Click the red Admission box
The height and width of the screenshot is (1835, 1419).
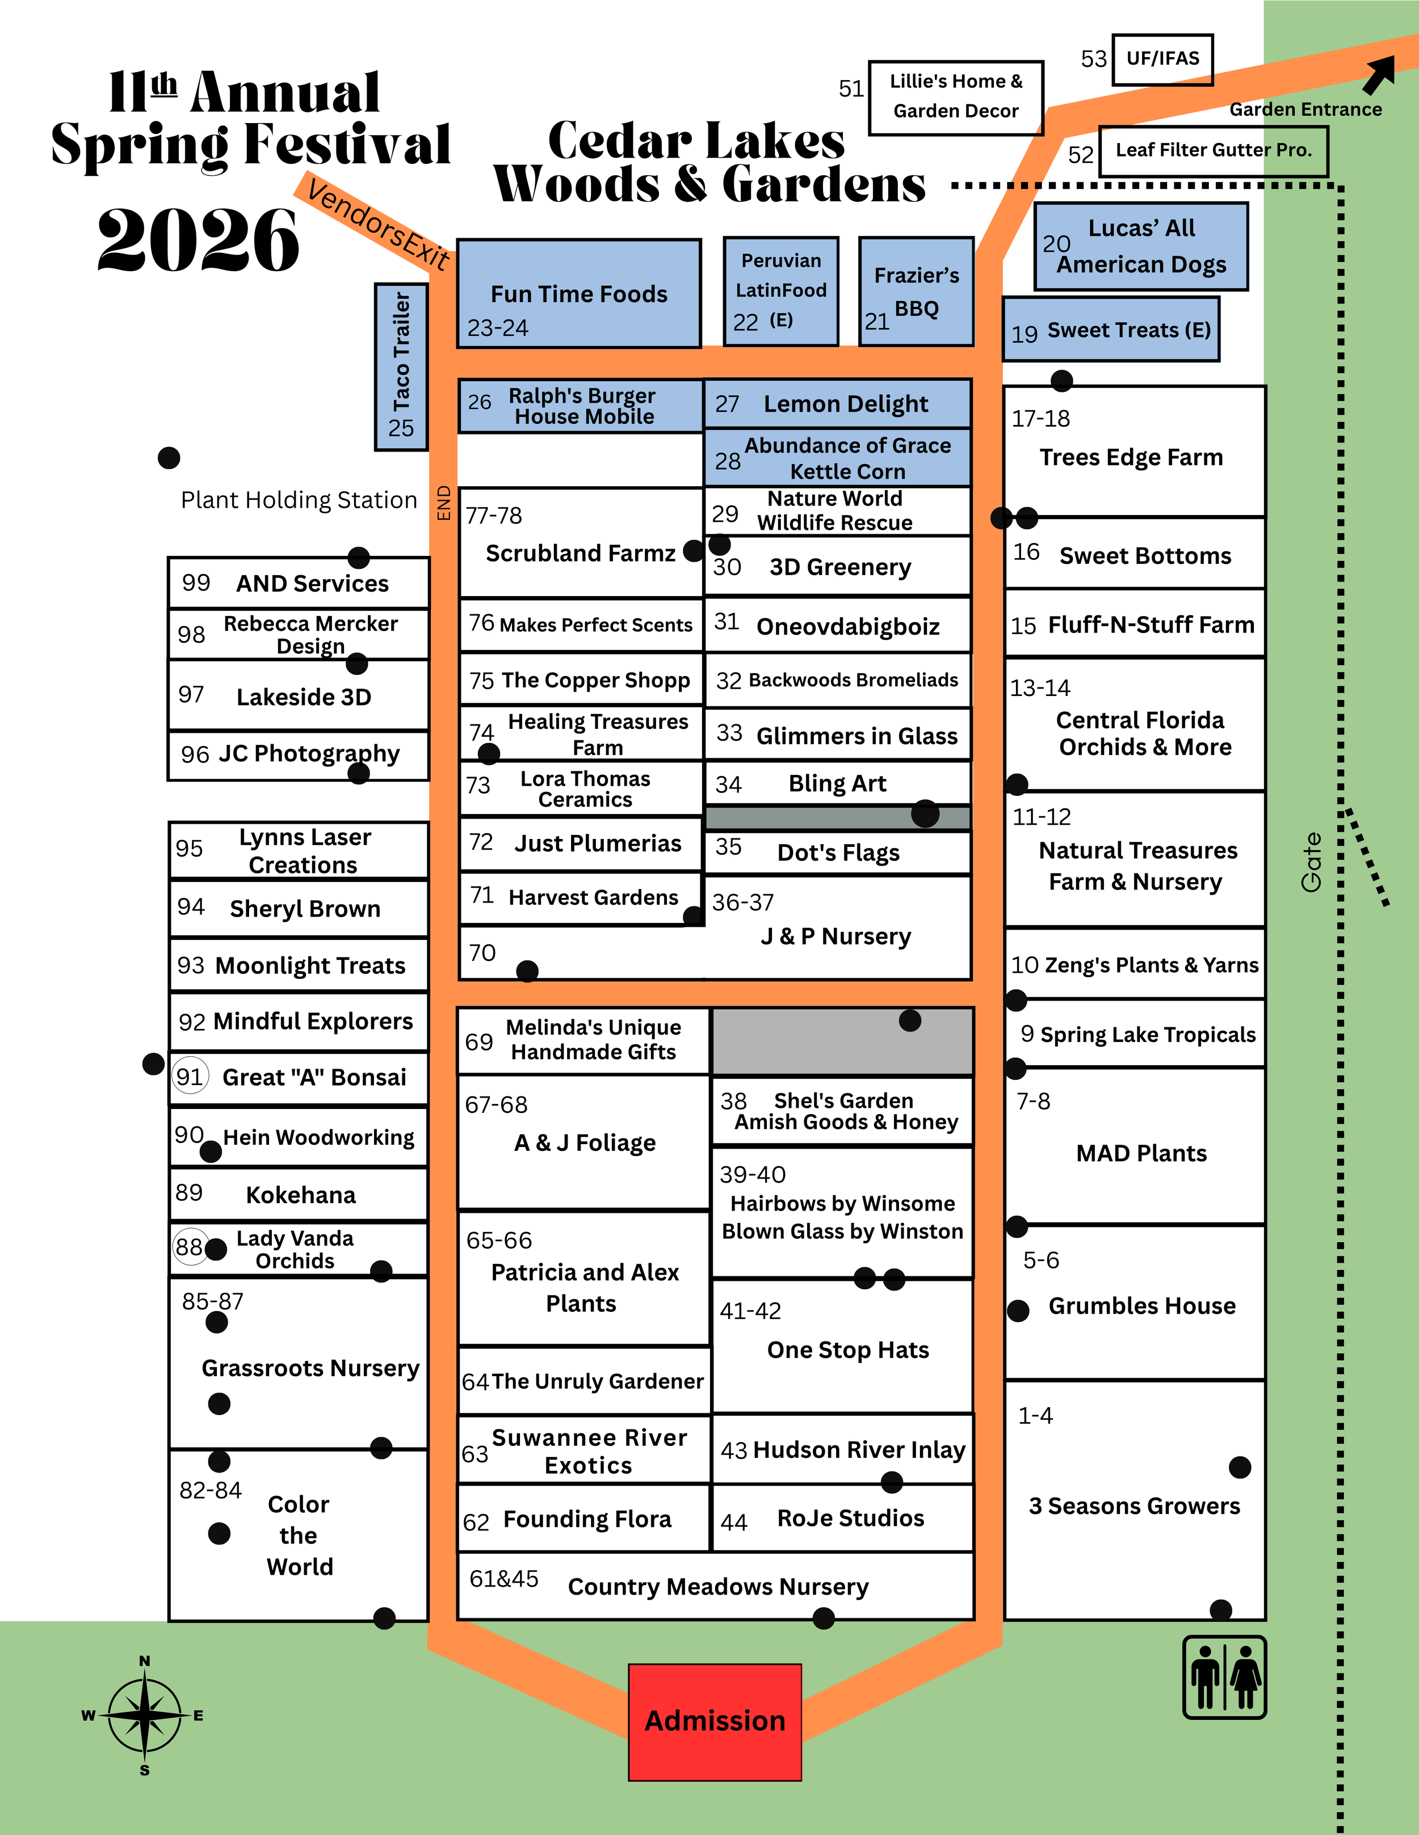click(715, 1722)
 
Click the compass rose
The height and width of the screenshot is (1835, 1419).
click(145, 1715)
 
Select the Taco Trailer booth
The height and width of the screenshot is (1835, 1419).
click(401, 366)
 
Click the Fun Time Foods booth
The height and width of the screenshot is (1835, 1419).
click(579, 294)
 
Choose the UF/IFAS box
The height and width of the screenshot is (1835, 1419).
click(1162, 59)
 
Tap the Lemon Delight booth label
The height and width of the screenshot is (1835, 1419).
click(845, 404)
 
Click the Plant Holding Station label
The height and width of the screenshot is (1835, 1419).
click(299, 500)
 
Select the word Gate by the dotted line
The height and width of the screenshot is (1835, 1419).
click(1311, 862)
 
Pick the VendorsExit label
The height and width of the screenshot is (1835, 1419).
click(377, 223)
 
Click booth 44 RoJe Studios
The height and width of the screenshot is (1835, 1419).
click(842, 1518)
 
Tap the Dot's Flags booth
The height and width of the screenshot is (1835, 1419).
click(838, 853)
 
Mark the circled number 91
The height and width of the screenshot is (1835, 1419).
click(190, 1077)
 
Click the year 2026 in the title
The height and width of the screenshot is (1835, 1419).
click(199, 241)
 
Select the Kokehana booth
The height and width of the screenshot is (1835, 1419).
click(299, 1195)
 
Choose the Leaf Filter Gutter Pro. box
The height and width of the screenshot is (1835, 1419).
click(1213, 150)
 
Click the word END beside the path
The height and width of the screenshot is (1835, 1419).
click(444, 503)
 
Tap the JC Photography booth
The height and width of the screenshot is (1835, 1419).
click(299, 754)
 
